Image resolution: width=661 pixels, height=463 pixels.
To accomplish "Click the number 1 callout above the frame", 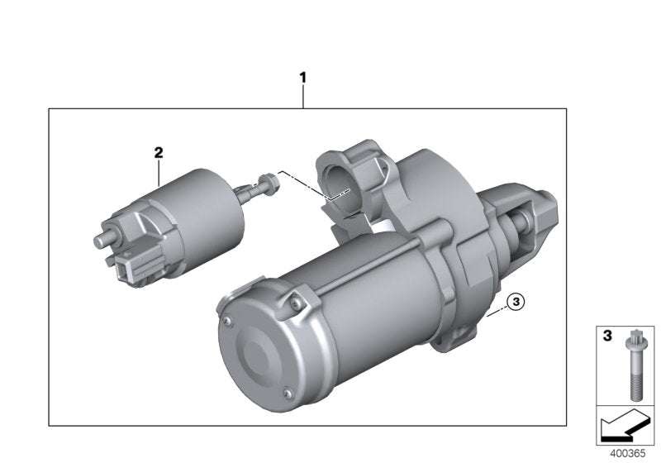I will click(x=302, y=78).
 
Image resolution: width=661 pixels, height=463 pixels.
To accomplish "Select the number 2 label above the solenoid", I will click(x=159, y=152).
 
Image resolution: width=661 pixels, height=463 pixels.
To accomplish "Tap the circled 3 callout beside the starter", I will click(x=515, y=303).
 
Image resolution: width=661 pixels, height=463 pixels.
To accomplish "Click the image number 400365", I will click(x=627, y=454).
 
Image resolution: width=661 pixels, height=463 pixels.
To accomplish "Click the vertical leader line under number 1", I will click(x=302, y=97).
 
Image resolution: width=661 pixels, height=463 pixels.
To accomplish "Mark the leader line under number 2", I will click(x=159, y=171).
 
